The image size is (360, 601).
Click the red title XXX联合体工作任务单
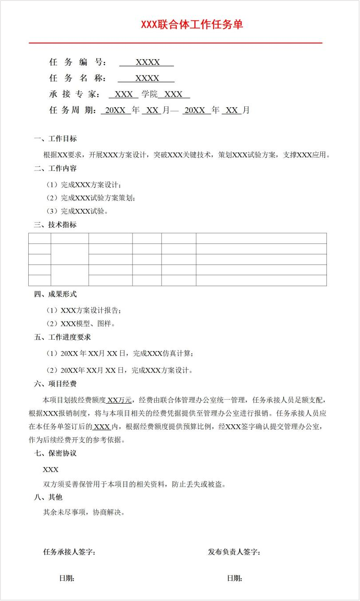point(192,24)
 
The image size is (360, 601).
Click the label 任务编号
point(76,62)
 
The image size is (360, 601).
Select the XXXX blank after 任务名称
point(147,79)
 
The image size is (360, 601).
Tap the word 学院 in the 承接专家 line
point(149,94)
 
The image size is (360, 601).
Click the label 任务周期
point(72,110)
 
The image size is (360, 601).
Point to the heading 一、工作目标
point(55,139)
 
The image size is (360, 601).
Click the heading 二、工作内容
point(55,168)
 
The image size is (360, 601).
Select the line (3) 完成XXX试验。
point(77,211)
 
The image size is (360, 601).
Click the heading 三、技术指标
point(55,225)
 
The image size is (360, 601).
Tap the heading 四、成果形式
point(55,294)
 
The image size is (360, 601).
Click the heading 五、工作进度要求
point(62,337)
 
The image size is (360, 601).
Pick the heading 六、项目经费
point(55,384)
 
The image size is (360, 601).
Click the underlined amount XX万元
point(119,401)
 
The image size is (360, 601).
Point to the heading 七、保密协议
point(55,454)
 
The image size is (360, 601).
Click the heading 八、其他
point(48,497)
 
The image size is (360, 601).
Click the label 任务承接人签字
point(69,552)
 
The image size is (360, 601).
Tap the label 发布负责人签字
point(234,552)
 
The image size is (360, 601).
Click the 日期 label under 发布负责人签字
point(235,578)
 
